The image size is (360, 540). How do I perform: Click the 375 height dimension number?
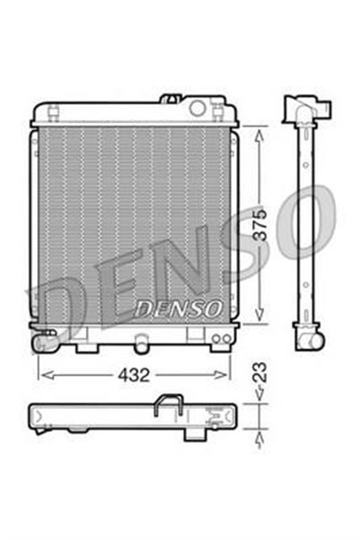(x=262, y=225)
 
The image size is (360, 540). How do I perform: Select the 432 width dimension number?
(x=133, y=373)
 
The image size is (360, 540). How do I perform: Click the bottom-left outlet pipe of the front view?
(x=41, y=343)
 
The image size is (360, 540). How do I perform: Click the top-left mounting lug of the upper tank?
(x=52, y=109)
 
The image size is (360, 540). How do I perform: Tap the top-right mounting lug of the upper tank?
(x=220, y=109)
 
